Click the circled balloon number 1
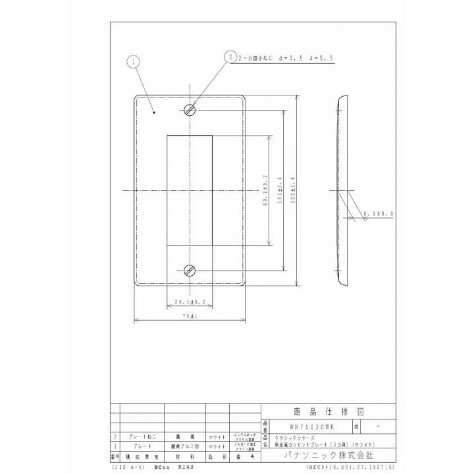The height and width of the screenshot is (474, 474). tap(134, 62)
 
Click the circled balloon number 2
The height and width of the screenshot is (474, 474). tap(230, 57)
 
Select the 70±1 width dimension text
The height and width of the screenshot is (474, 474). tap(190, 316)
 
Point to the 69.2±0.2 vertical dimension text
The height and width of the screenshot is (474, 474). tap(265, 190)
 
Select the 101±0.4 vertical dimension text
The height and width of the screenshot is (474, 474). tap(280, 190)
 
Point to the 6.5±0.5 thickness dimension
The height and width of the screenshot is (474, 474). tap(377, 214)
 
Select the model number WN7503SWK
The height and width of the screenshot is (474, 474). tap(303, 425)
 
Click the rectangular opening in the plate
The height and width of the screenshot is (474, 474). tap(190, 190)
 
